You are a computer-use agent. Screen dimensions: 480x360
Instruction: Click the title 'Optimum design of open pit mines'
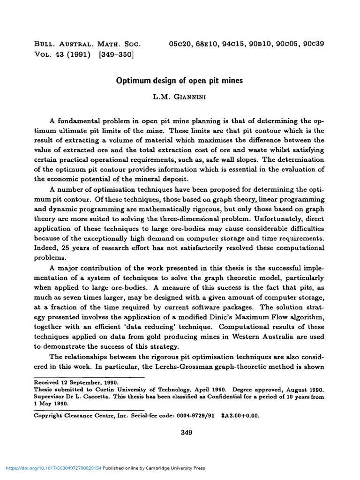pyautogui.click(x=180, y=81)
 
